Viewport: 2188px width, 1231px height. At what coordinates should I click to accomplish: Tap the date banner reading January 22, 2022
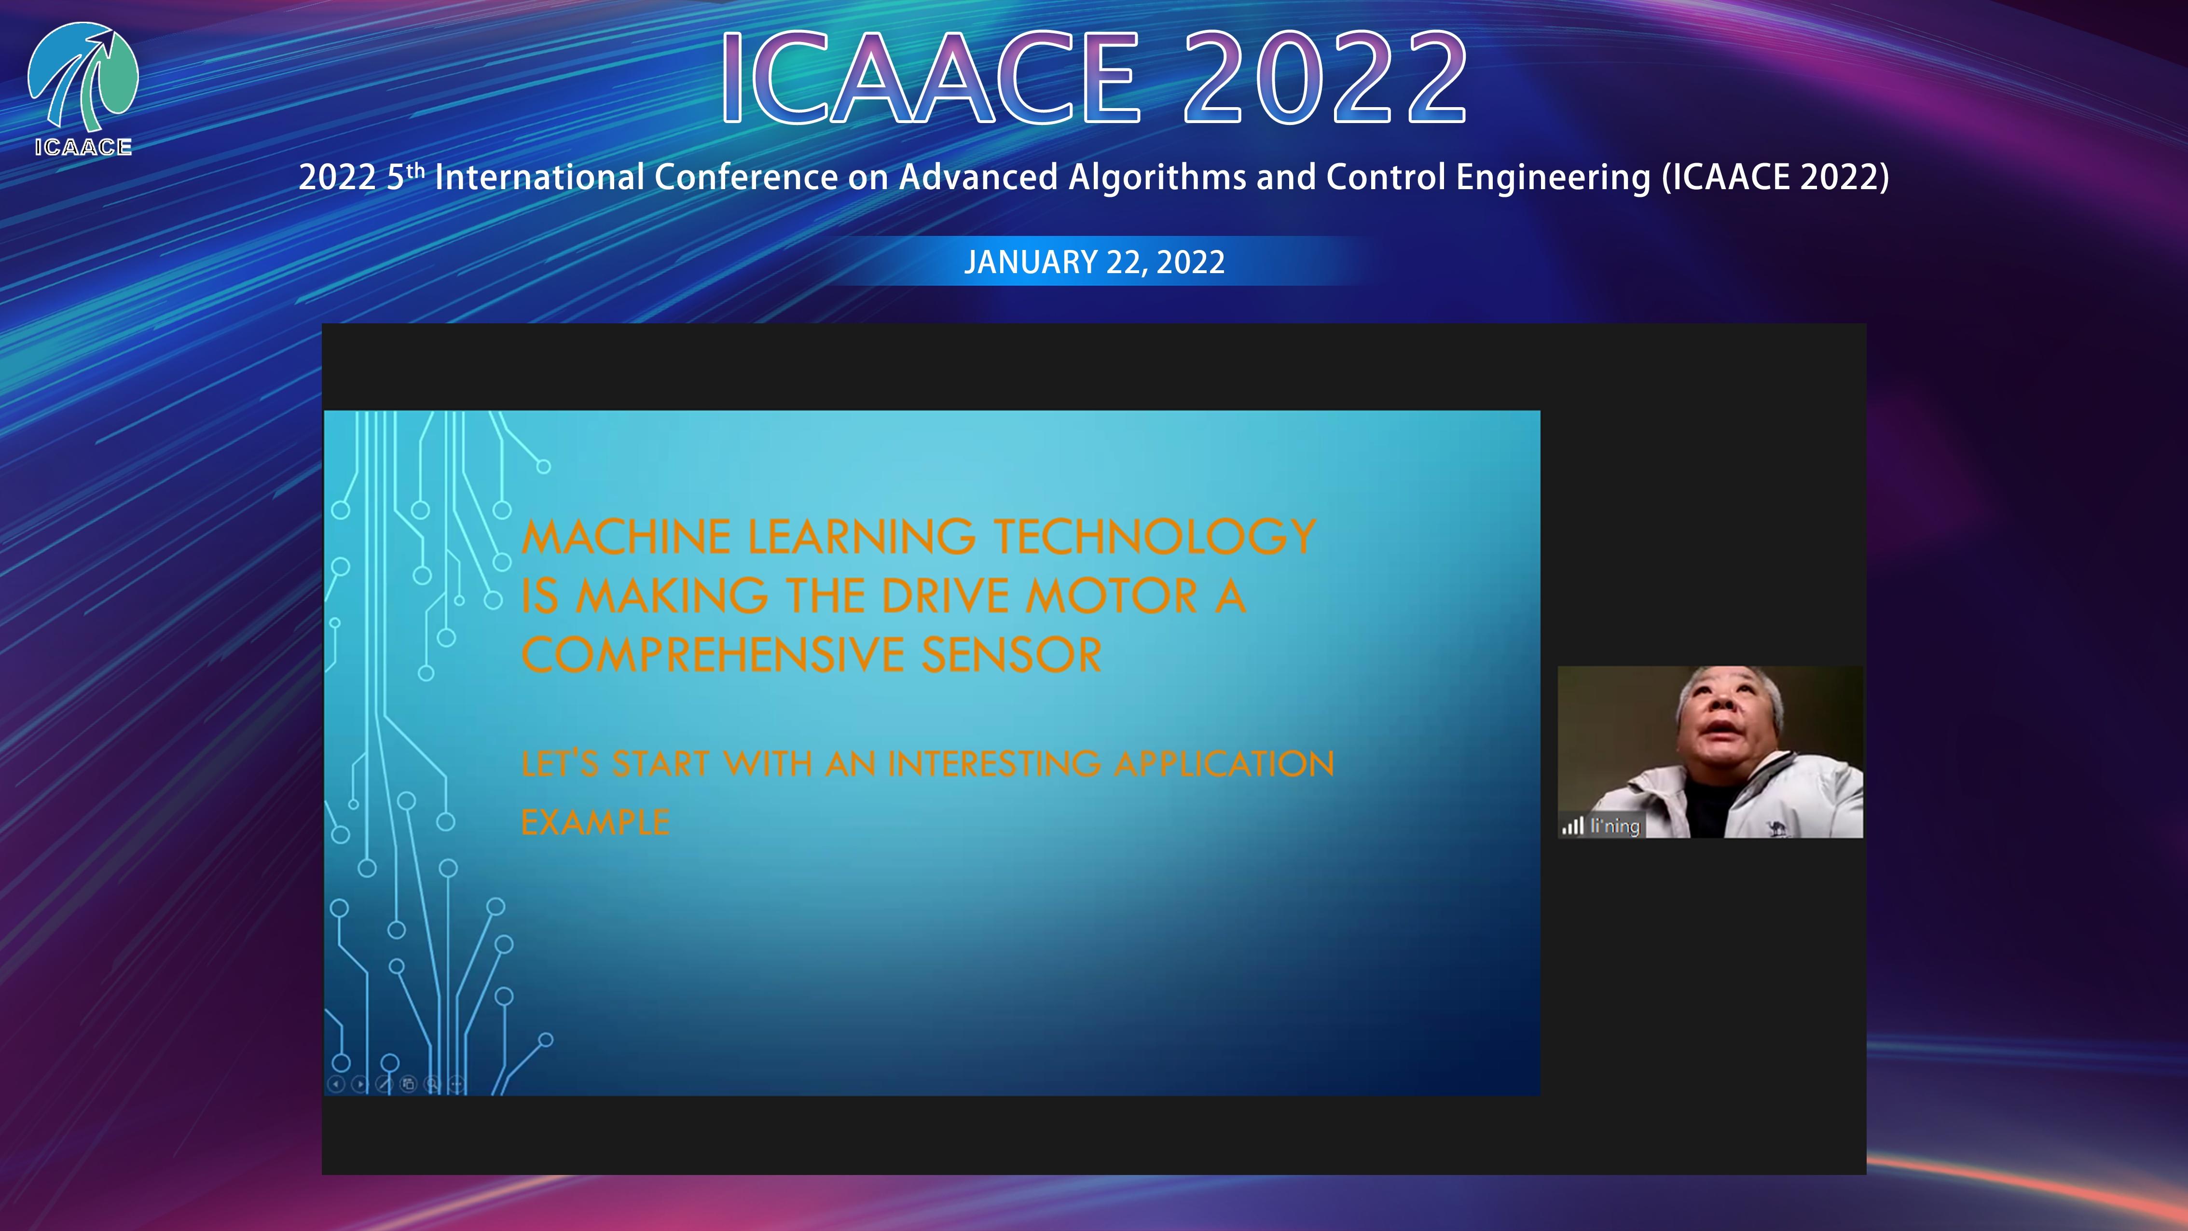1094,262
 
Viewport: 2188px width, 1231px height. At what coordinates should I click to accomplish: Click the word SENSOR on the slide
1012,655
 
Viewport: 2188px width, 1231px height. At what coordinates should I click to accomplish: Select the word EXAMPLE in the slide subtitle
595,822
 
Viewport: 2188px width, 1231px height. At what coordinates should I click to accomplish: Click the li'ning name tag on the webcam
1615,826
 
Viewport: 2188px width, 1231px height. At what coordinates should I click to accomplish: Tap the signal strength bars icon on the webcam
1573,826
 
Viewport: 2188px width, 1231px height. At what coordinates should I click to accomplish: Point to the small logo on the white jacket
1775,826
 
